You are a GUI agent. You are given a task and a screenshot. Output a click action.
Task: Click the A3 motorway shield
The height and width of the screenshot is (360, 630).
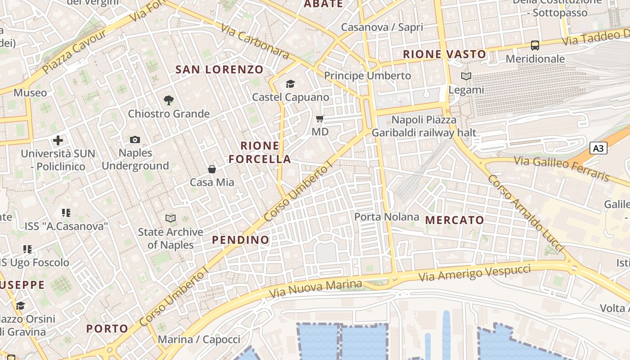(598, 148)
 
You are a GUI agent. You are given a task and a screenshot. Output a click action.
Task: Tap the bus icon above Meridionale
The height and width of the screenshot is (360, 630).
(535, 45)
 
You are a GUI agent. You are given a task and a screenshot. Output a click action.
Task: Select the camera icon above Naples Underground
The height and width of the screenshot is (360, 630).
(135, 140)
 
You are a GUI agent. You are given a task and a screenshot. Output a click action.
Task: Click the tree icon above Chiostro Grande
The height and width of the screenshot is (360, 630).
(169, 100)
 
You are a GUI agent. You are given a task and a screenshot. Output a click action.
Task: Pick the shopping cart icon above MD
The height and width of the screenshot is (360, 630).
(320, 119)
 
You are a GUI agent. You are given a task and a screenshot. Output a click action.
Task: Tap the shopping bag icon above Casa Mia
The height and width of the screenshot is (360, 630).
(212, 169)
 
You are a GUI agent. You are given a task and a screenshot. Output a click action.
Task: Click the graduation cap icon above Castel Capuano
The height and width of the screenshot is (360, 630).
(290, 84)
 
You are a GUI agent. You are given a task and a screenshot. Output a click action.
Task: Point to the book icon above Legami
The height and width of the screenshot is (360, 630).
(466, 76)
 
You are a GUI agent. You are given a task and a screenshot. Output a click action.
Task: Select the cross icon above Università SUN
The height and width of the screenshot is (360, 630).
(58, 140)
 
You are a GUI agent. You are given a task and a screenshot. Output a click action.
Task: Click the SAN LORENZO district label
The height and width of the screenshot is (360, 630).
(219, 69)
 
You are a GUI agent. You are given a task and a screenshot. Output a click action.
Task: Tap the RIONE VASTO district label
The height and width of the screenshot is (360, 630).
(444, 54)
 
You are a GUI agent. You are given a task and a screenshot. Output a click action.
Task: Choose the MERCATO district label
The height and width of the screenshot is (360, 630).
(454, 220)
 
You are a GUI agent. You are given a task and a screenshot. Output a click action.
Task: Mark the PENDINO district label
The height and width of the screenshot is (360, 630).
(241, 240)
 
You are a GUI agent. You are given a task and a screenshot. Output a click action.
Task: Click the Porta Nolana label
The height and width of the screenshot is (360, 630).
(387, 217)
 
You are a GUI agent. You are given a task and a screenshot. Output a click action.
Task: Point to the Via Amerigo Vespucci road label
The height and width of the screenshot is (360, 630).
(475, 273)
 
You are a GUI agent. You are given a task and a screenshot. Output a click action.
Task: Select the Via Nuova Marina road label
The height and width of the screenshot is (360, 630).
(315, 288)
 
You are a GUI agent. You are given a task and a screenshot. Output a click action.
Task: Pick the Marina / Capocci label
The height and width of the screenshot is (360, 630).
(199, 339)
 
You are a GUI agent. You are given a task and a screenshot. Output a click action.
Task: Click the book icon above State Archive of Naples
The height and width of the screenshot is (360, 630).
(171, 219)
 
